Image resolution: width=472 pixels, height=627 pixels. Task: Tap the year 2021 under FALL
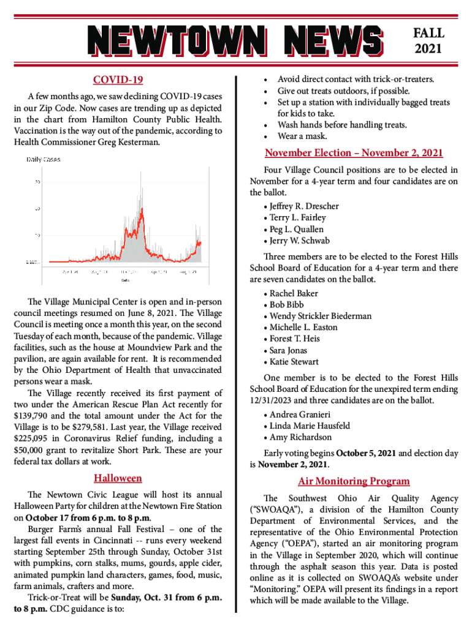(429, 48)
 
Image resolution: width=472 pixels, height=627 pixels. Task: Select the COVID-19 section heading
(118, 80)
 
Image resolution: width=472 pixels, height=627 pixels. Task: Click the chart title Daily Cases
(43, 160)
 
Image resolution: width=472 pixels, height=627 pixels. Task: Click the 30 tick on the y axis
(38, 182)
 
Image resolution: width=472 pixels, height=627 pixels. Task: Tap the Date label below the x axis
(124, 281)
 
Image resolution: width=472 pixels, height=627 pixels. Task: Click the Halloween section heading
(118, 478)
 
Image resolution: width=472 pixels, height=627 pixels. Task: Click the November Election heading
(354, 152)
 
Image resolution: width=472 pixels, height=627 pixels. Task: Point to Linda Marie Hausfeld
(310, 426)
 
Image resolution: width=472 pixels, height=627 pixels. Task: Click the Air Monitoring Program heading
(354, 481)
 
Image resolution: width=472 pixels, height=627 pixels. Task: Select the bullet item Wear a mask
(302, 136)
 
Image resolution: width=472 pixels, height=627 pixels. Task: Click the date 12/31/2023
(274, 400)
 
